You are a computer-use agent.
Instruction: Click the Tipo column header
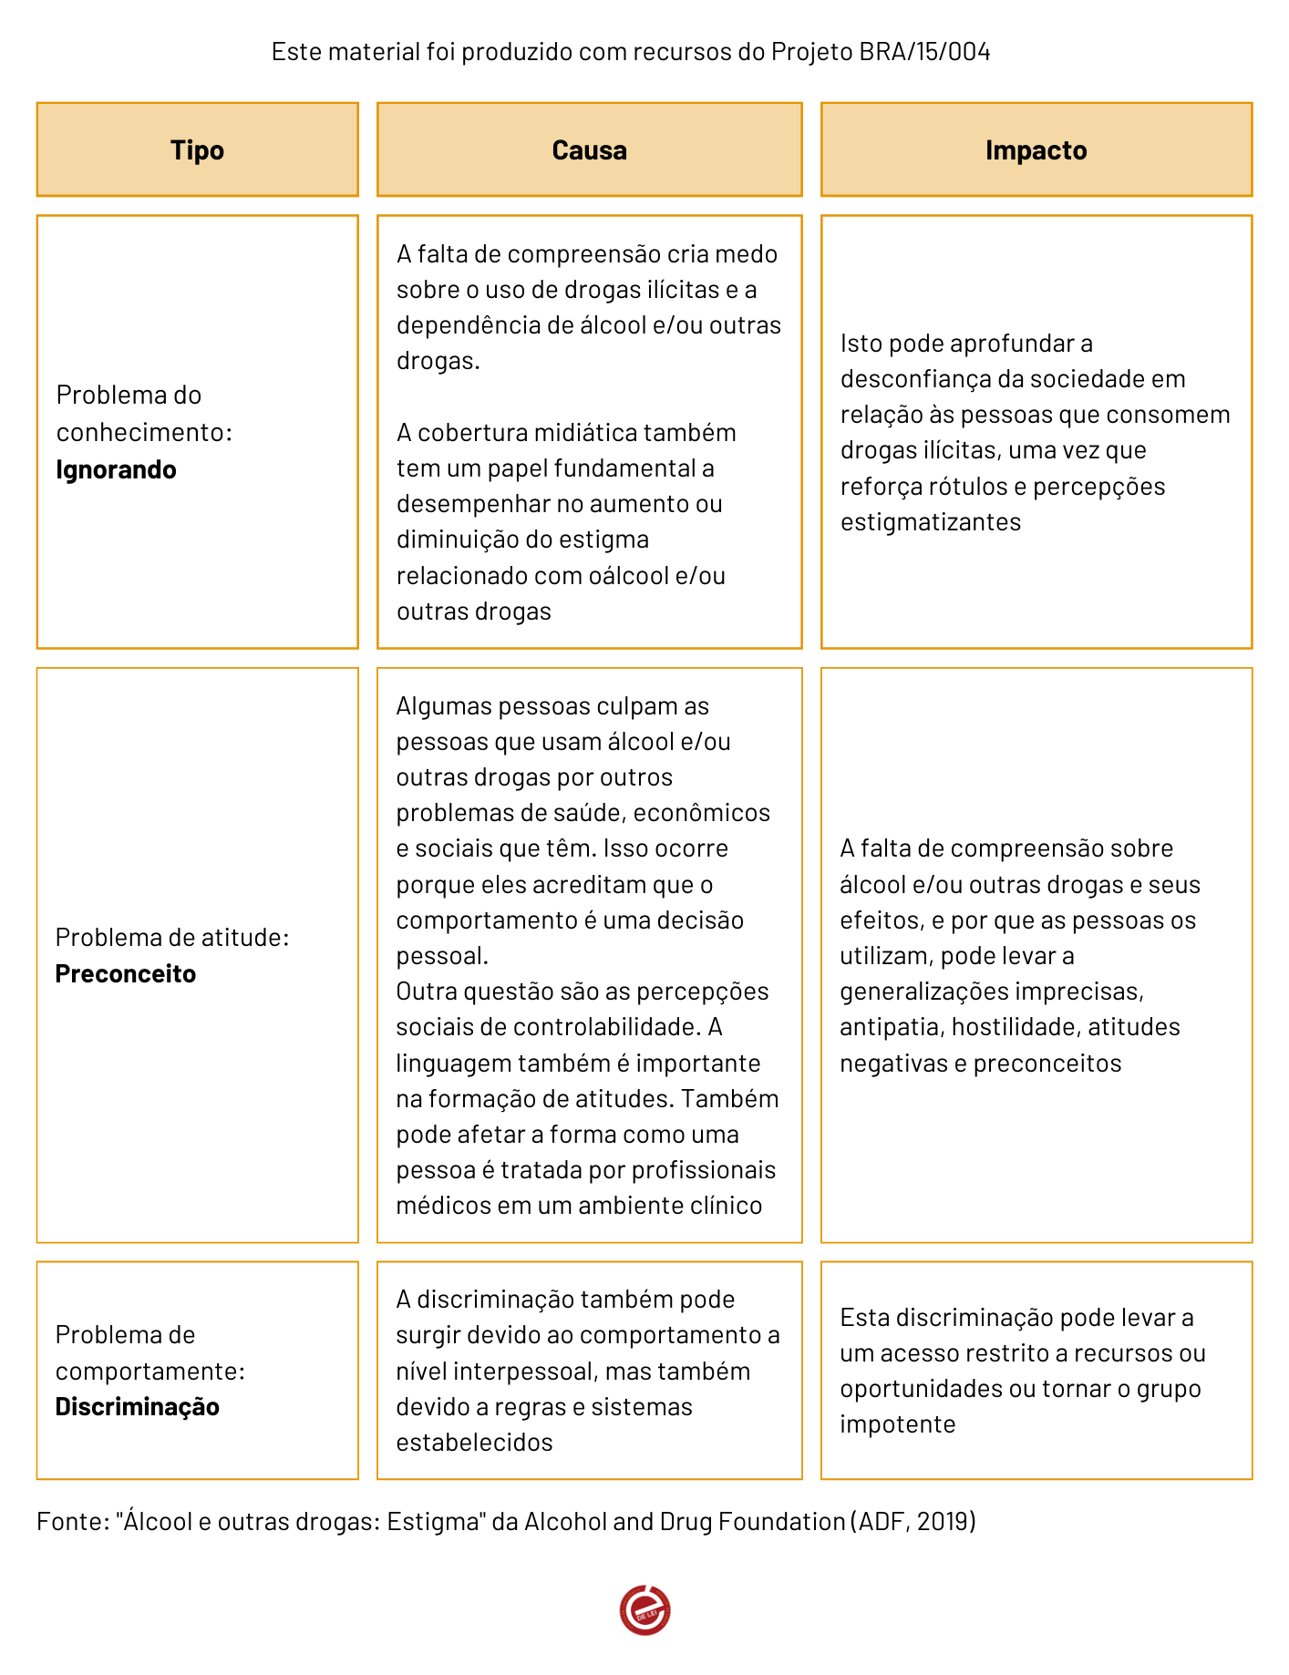pyautogui.click(x=197, y=150)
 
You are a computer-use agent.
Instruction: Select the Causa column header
pyautogui.click(x=589, y=150)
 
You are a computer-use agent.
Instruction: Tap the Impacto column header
pyautogui.click(x=1036, y=150)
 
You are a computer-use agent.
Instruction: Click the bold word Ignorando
pyautogui.click(x=116, y=469)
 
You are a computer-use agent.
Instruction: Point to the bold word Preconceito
pyautogui.click(x=126, y=973)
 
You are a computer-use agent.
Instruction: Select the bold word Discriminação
pyautogui.click(x=137, y=1406)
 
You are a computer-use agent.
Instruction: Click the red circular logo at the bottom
pyautogui.click(x=644, y=1609)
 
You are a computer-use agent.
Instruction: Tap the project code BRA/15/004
pyautogui.click(x=924, y=52)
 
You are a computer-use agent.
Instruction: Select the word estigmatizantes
pyautogui.click(x=930, y=522)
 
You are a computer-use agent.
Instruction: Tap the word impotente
pyautogui.click(x=897, y=1424)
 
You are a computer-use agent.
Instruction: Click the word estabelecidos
pyautogui.click(x=474, y=1443)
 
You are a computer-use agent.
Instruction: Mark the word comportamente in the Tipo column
pyautogui.click(x=150, y=1372)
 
